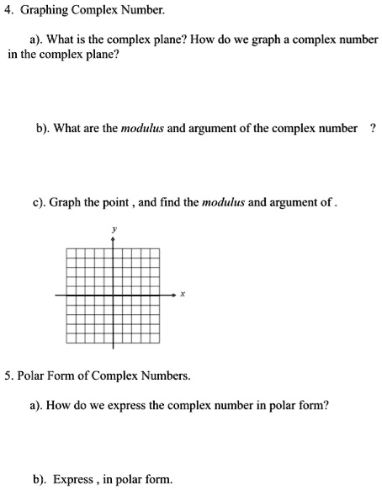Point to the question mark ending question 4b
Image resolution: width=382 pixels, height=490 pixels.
coord(372,129)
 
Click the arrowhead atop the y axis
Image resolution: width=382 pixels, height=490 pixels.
coord(113,238)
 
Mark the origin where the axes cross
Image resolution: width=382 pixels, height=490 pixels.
coord(113,295)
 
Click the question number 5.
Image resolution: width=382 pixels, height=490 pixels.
coord(6,375)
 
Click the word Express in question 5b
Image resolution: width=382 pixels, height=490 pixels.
coord(72,479)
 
